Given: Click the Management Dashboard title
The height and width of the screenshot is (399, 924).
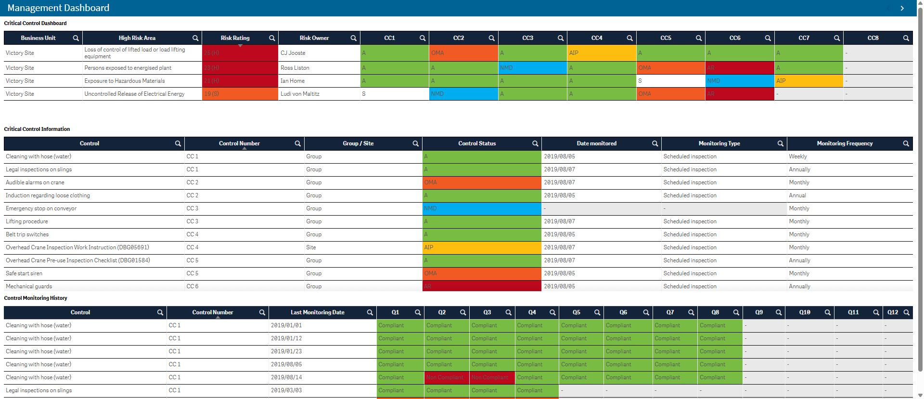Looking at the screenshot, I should (x=58, y=8).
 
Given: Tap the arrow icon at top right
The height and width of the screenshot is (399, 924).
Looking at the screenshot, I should (x=902, y=8).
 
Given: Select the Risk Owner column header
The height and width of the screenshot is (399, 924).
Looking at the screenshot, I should (x=314, y=38).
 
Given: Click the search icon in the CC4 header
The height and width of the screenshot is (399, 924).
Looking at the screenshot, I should (x=629, y=38).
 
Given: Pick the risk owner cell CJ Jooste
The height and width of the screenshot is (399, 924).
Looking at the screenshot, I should (x=293, y=53).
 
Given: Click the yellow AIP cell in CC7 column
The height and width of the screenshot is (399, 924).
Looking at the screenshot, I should (x=808, y=81).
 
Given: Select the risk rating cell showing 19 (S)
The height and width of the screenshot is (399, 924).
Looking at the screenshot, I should (x=240, y=94).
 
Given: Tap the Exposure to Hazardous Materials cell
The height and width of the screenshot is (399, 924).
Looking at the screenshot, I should (x=125, y=81).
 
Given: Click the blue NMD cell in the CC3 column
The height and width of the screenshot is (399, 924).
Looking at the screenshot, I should (x=532, y=68).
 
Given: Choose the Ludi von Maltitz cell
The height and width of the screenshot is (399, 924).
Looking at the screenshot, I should (x=300, y=94).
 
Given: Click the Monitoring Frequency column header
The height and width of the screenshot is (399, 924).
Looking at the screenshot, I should (x=844, y=143).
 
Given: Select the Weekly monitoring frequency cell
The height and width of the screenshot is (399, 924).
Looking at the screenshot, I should (x=798, y=156).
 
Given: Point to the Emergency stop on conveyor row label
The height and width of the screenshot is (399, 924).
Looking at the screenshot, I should (x=41, y=208).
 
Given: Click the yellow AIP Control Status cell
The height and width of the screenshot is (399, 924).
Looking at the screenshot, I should (x=481, y=247).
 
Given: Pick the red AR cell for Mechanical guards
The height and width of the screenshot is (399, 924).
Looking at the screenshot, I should (x=481, y=286).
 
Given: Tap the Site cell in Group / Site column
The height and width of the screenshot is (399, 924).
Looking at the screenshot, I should (x=311, y=247).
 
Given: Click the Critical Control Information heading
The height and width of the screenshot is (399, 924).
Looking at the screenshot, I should (x=37, y=129).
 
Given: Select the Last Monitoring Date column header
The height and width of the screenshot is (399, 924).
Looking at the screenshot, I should (x=317, y=312).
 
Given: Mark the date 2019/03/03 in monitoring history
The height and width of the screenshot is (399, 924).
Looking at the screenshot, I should (x=286, y=390).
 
